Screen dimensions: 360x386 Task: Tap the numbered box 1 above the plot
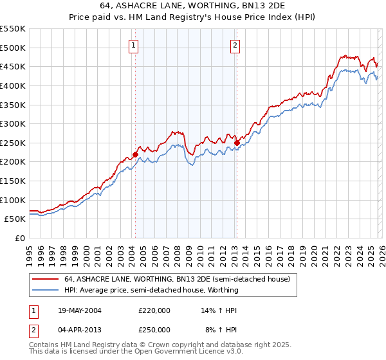pyautogui.click(x=133, y=45)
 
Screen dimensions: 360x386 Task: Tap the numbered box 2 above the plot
pyautogui.click(x=235, y=45)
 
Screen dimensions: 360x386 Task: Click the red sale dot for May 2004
pyautogui.click(x=136, y=154)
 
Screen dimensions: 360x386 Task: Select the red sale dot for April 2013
pyautogui.click(x=237, y=143)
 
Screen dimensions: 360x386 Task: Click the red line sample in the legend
pyautogui.click(x=45, y=280)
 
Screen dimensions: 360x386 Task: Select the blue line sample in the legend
pyautogui.click(x=45, y=290)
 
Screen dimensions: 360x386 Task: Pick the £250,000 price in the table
pyautogui.click(x=154, y=329)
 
